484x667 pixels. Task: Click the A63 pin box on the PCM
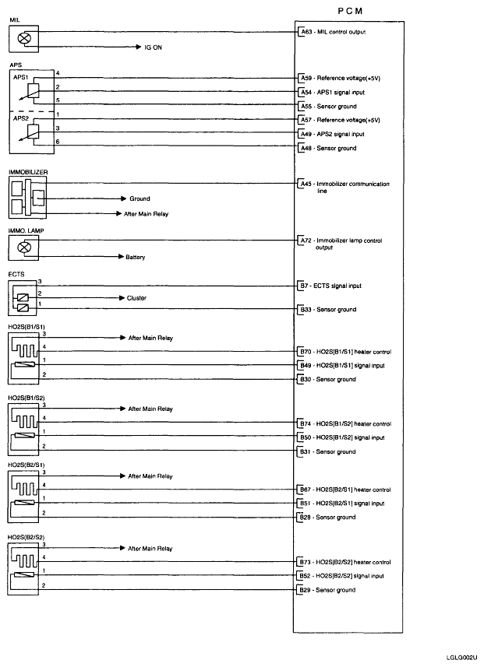tap(305, 32)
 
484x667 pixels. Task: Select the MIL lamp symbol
tap(24, 36)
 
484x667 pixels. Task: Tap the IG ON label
tap(153, 47)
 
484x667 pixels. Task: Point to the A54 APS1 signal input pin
tap(305, 92)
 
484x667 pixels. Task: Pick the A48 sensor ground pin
tap(305, 148)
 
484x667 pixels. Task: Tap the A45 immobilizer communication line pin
tap(305, 184)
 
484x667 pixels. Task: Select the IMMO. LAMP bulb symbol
tap(24, 247)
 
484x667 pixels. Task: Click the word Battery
tap(135, 257)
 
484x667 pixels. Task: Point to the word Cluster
tap(136, 298)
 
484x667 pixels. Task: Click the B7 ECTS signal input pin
tap(303, 286)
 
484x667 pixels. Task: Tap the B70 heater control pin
tap(305, 352)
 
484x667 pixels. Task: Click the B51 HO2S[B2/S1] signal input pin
tap(305, 504)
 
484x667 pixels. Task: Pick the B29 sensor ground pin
tap(305, 590)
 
